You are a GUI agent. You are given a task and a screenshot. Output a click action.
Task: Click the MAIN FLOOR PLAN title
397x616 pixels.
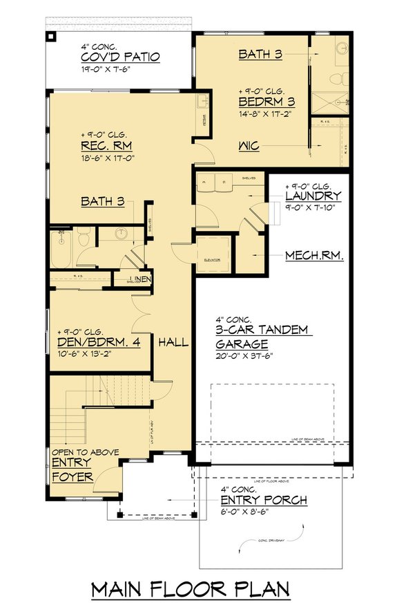pyautogui.click(x=191, y=590)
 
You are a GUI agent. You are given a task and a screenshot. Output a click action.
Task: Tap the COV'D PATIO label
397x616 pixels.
pyautogui.click(x=121, y=57)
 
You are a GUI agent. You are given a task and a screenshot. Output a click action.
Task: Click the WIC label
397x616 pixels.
pyautogui.click(x=249, y=146)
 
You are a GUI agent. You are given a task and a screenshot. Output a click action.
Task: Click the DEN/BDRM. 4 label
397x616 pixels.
pyautogui.click(x=104, y=342)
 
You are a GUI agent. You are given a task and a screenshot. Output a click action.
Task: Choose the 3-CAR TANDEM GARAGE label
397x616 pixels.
pyautogui.click(x=262, y=337)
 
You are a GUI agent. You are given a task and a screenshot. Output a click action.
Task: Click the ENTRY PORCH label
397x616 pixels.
pyautogui.click(x=264, y=500)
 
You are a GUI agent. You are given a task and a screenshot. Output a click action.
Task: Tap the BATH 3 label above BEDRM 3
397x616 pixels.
pyautogui.click(x=260, y=54)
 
